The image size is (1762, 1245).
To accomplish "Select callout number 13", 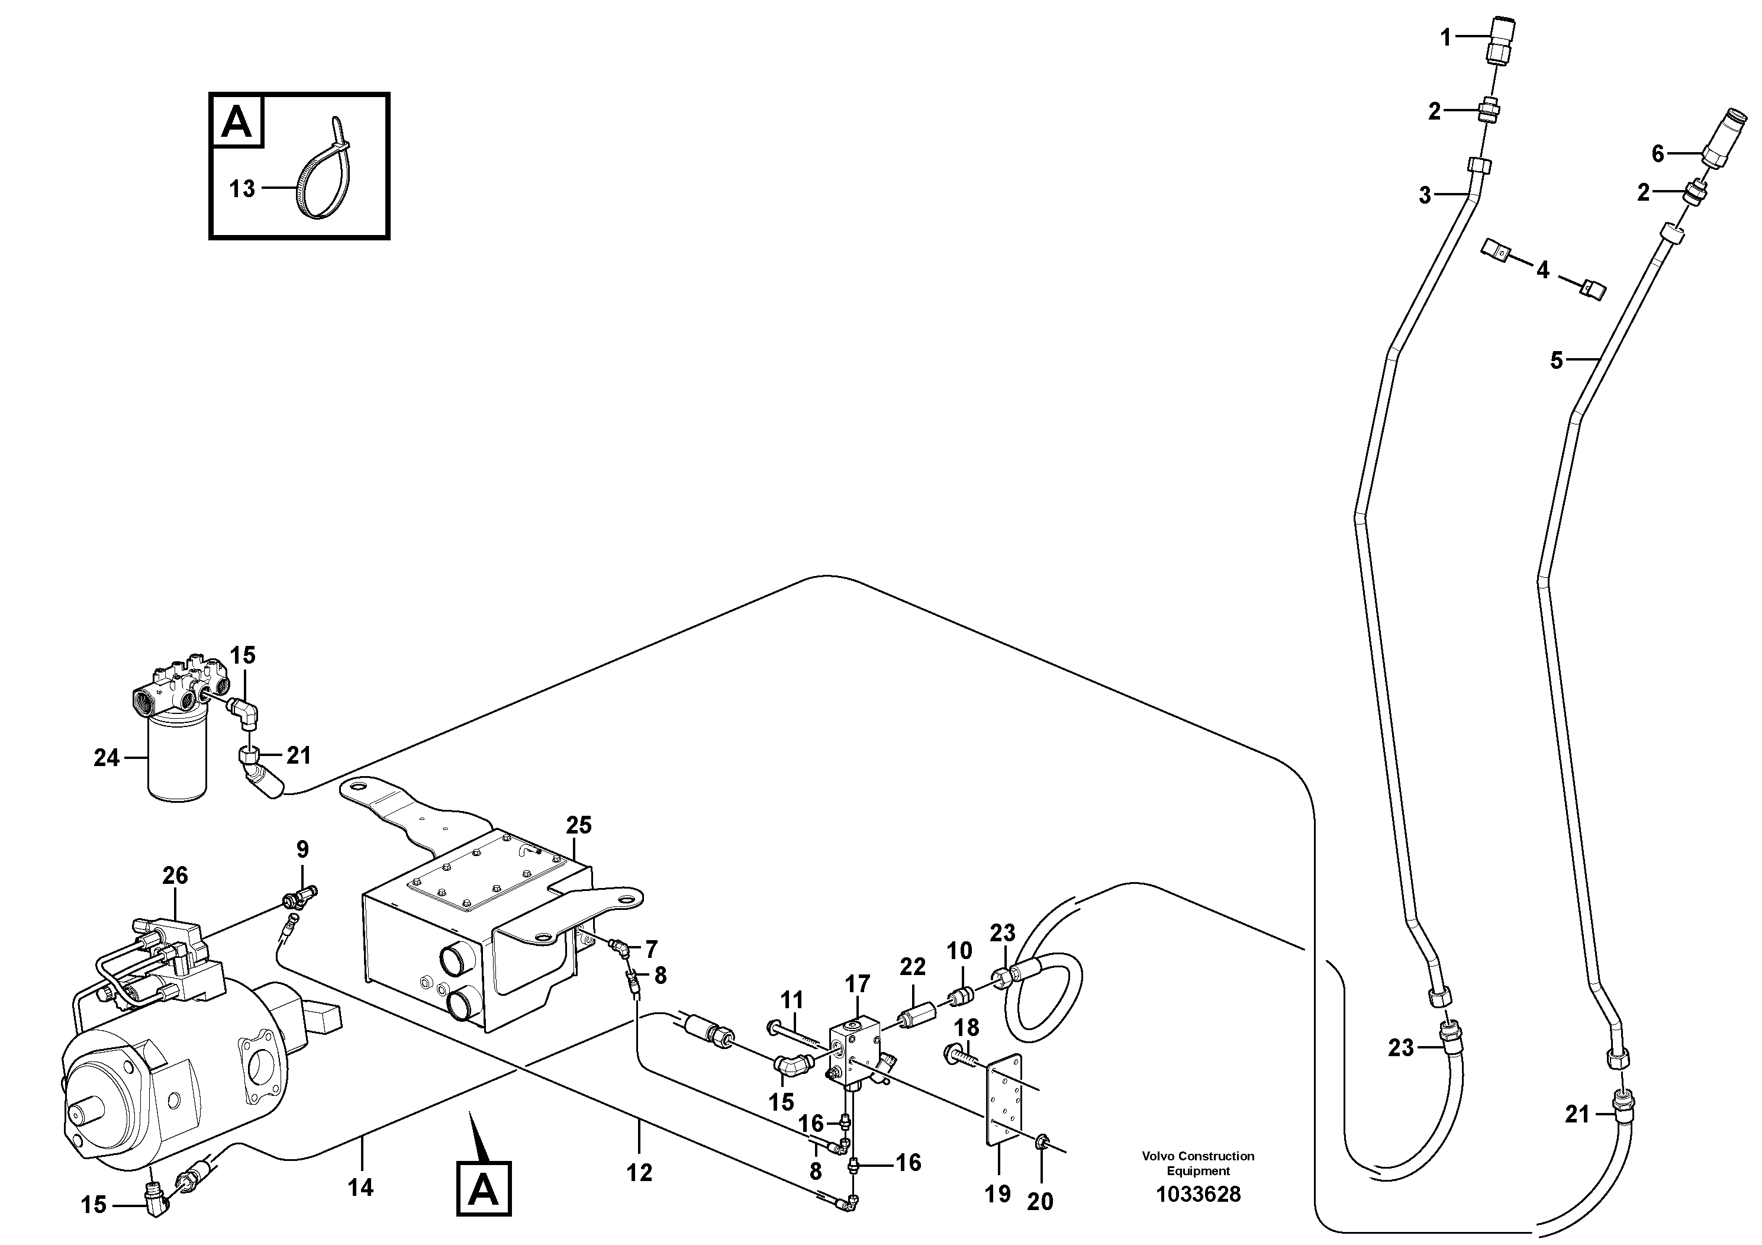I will (243, 189).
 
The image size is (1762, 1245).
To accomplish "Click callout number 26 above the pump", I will (175, 875).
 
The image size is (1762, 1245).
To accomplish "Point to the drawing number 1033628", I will (1198, 1194).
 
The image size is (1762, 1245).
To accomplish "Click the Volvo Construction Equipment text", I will (1198, 1163).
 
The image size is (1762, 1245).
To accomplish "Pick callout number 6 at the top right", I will (1658, 155).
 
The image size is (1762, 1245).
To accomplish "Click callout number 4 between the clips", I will (1542, 269).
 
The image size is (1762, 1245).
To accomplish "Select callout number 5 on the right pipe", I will (1557, 360).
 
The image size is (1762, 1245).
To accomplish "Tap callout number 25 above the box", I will (579, 825).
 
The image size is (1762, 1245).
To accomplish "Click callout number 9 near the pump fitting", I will (302, 849).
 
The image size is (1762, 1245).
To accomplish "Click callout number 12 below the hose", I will (639, 1172).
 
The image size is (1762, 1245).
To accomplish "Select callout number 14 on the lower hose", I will (360, 1188).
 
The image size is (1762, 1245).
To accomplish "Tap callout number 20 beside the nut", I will (1040, 1201).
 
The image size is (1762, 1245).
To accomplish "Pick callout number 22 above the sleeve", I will (913, 966).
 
